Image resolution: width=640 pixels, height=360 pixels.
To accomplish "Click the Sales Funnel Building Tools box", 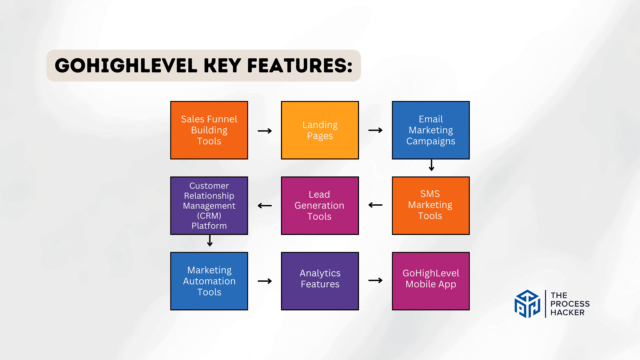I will (x=209, y=130).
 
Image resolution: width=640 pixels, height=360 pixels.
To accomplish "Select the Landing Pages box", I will (x=320, y=130).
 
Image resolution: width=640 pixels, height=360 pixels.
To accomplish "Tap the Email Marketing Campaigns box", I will (x=431, y=130).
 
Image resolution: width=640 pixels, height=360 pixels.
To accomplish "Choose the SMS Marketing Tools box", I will (x=431, y=205).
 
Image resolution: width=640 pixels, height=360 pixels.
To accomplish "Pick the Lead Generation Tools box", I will (x=320, y=205).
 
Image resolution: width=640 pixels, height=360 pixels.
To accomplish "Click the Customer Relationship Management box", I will (x=209, y=205).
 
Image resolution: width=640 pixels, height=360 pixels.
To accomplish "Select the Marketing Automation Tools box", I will (x=209, y=281).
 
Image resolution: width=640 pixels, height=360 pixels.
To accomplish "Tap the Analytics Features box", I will (x=320, y=281).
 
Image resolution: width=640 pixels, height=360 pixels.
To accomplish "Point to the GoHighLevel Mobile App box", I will (x=431, y=281).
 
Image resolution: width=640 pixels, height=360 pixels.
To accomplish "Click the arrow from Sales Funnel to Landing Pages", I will (x=265, y=131).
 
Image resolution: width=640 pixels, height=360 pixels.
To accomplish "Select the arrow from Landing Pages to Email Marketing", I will (x=375, y=130).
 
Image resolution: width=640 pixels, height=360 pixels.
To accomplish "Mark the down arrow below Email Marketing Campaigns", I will (x=431, y=165).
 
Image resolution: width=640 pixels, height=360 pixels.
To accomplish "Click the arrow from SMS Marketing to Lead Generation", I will (x=375, y=205).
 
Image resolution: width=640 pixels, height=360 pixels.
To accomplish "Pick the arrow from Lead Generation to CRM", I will (x=265, y=206).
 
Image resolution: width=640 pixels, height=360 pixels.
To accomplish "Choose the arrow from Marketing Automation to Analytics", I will (x=265, y=281).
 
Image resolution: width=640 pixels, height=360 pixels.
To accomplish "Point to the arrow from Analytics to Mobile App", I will (x=375, y=281).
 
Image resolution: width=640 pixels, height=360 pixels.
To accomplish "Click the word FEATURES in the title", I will (x=300, y=66).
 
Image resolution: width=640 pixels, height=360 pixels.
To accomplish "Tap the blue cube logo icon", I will (x=527, y=304).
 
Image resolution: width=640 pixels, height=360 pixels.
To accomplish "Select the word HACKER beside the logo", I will (x=567, y=313).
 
